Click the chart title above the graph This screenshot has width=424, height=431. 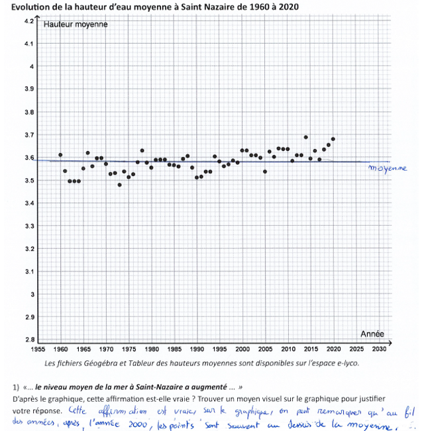tap(150, 7)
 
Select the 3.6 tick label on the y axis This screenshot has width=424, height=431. tap(28, 158)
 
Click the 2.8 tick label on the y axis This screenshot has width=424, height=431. tap(28, 340)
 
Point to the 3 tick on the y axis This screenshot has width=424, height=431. tap(30, 295)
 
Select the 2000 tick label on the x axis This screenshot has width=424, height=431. tap(242, 349)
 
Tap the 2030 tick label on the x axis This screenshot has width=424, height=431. tap(380, 349)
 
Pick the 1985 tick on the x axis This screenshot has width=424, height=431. tap(174, 349)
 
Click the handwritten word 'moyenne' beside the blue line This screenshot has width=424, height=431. tap(388, 168)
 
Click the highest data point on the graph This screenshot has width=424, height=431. tap(306, 137)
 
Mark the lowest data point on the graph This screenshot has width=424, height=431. tap(119, 185)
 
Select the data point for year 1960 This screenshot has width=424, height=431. tap(60, 155)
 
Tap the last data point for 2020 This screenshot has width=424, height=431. tap(333, 139)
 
